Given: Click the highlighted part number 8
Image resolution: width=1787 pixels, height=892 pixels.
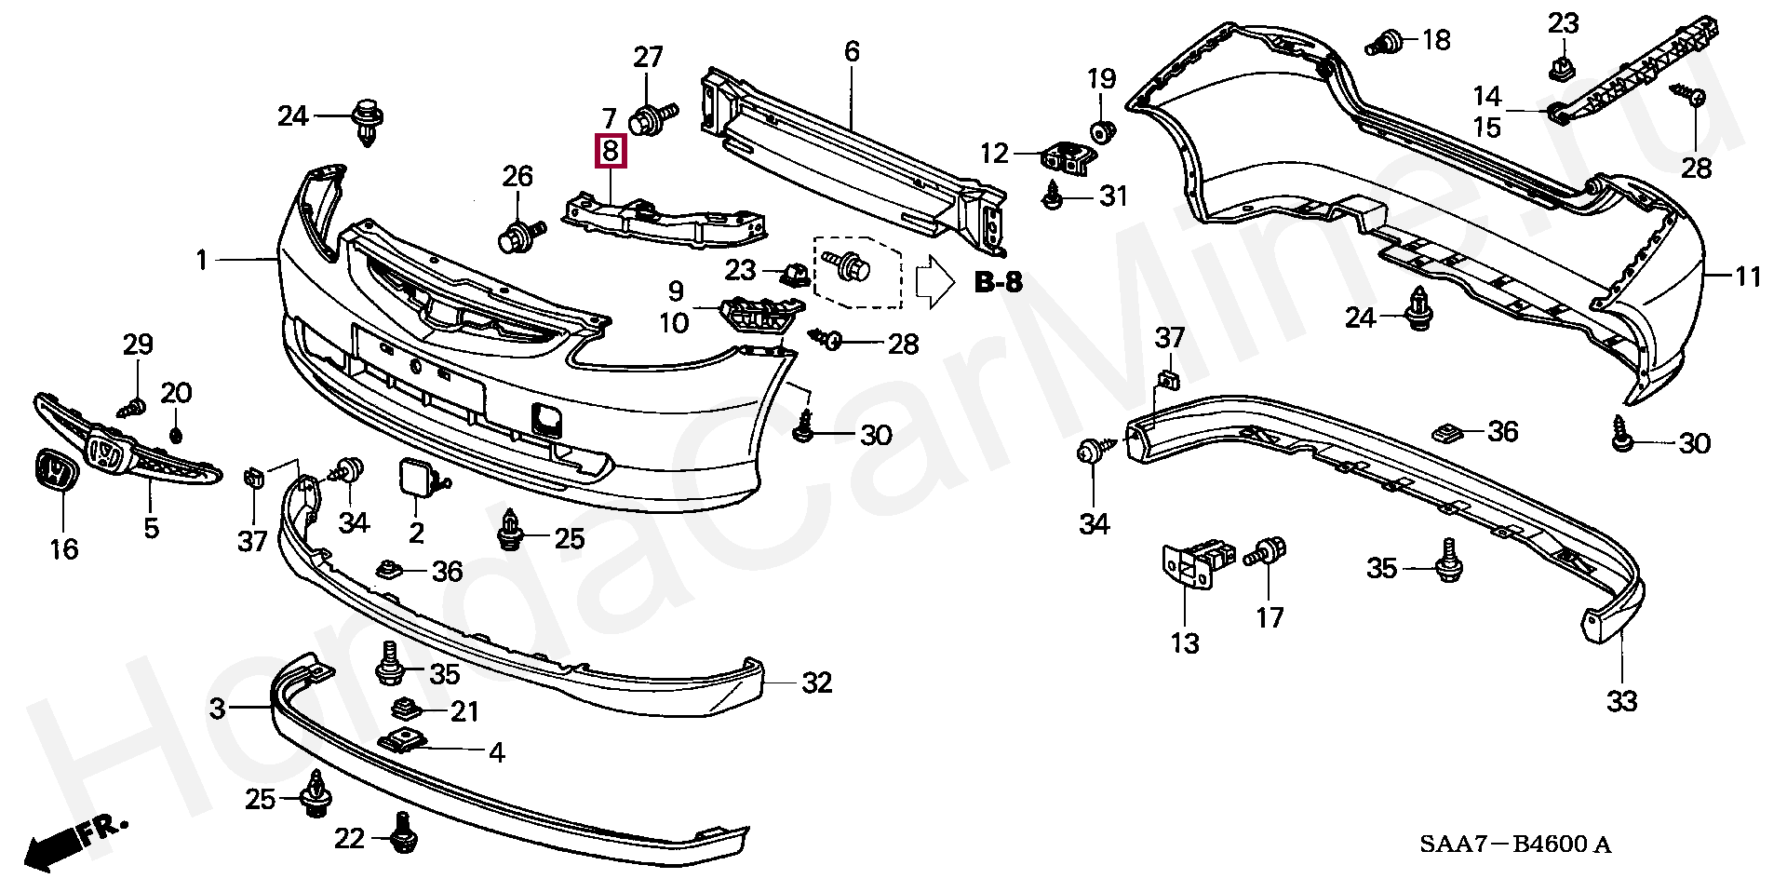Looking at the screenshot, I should pos(611,151).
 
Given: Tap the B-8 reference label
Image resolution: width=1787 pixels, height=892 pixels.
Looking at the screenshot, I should pos(998,282).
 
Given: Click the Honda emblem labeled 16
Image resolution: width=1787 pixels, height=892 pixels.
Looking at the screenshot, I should pos(55,473).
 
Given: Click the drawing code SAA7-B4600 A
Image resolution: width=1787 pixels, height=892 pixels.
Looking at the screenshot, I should pos(1514,845).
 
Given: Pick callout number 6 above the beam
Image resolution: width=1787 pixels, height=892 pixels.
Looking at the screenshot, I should pos(853,52).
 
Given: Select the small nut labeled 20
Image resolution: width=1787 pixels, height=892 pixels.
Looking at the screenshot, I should pos(176,436).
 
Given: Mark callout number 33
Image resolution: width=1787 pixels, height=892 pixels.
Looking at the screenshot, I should pos(1621,700).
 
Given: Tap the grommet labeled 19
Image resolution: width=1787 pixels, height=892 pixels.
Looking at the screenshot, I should pos(1101,131).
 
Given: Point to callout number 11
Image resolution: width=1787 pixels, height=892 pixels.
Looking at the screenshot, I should pos(1748,277).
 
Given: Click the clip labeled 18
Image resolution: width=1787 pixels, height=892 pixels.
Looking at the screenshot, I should pos(1387,43).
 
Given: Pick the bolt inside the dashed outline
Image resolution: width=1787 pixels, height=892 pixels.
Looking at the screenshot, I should pos(851,267).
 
